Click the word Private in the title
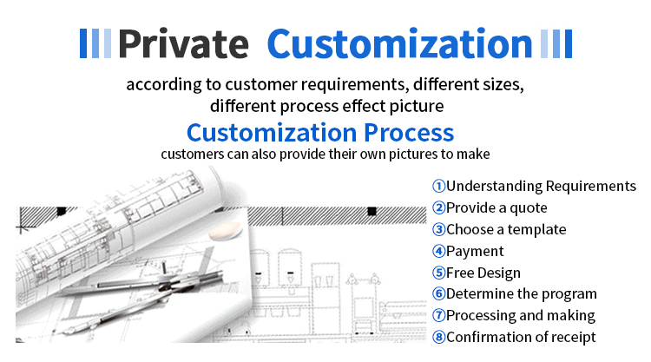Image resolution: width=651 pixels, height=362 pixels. pyautogui.click(x=183, y=43)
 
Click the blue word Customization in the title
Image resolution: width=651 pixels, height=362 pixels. pyautogui.click(x=400, y=43)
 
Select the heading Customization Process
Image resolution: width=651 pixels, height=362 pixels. pyautogui.click(x=320, y=133)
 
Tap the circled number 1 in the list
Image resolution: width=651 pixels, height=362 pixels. pyautogui.click(x=438, y=186)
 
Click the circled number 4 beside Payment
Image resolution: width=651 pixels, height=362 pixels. pyautogui.click(x=438, y=251)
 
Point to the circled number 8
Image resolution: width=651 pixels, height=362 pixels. pyautogui.click(x=438, y=337)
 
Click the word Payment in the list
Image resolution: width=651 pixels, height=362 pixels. pyautogui.click(x=475, y=252)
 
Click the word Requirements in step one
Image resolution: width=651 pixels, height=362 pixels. pyautogui.click(x=590, y=187)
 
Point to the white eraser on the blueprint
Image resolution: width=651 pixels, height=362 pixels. pyautogui.click(x=225, y=230)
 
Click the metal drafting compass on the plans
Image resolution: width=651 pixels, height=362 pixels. pyautogui.click(x=141, y=295)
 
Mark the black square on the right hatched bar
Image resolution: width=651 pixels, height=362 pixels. pyautogui.click(x=372, y=211)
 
